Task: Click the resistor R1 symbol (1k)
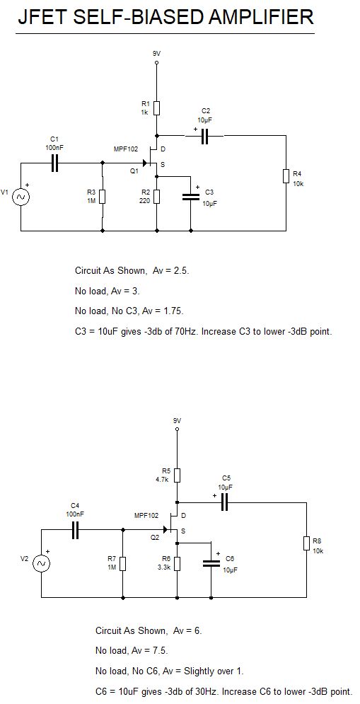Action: click(156, 108)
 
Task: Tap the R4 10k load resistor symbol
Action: click(286, 176)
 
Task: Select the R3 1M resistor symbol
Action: click(103, 196)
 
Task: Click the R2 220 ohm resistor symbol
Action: click(156, 196)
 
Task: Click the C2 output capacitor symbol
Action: click(205, 137)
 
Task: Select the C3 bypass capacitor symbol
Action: click(191, 197)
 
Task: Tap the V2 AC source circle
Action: click(41, 562)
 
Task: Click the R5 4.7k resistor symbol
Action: click(177, 474)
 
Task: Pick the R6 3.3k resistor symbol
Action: click(177, 563)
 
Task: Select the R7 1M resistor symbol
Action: click(122, 563)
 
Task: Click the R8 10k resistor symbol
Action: click(306, 543)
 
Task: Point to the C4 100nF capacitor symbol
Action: click(75, 530)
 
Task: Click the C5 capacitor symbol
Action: click(226, 502)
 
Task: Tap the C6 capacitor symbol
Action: click(211, 563)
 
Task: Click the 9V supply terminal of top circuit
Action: click(156, 63)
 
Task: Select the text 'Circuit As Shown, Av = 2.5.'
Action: click(132, 270)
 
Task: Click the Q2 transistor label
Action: click(155, 538)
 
